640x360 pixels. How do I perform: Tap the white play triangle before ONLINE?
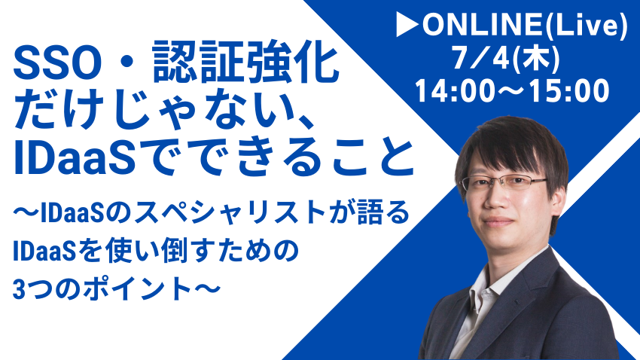click(x=407, y=25)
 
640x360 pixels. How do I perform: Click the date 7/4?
click(x=481, y=57)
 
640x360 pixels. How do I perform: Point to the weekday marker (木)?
click(x=535, y=58)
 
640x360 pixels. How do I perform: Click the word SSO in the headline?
click(x=57, y=65)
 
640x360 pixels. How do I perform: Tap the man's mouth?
click(x=496, y=222)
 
